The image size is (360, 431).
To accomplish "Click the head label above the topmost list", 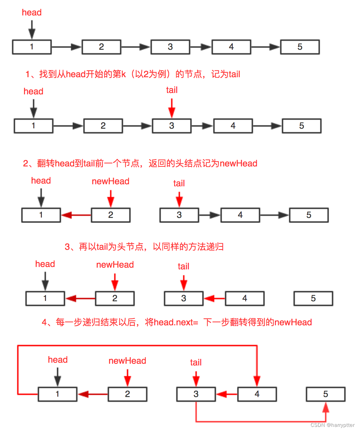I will click(32, 13).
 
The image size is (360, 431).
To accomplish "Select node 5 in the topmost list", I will click(300, 47).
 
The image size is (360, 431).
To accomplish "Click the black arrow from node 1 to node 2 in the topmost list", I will click(67, 47).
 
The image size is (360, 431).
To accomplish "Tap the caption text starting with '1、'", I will click(133, 74).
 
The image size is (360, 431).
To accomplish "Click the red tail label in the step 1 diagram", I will click(172, 90).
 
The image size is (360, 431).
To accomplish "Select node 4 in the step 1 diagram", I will click(233, 126).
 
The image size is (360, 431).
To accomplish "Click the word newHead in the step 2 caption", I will click(238, 163).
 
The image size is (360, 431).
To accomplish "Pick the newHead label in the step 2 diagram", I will click(110, 182).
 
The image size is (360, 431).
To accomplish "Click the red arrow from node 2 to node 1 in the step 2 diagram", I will click(76, 215).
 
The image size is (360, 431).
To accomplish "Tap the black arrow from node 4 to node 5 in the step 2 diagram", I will click(274, 215).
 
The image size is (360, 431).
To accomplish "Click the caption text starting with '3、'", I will click(144, 247).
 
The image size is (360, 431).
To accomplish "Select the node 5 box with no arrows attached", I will click(313, 299).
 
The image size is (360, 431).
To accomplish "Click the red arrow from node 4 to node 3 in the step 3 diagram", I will click(214, 299).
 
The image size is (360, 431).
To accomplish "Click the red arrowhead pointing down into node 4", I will click(257, 381).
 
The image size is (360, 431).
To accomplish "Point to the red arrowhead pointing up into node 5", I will click(326, 407).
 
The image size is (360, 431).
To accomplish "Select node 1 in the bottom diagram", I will click(57, 394).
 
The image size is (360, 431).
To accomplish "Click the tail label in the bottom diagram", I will click(196, 363).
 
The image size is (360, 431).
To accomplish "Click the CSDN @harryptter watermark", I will click(332, 425).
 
